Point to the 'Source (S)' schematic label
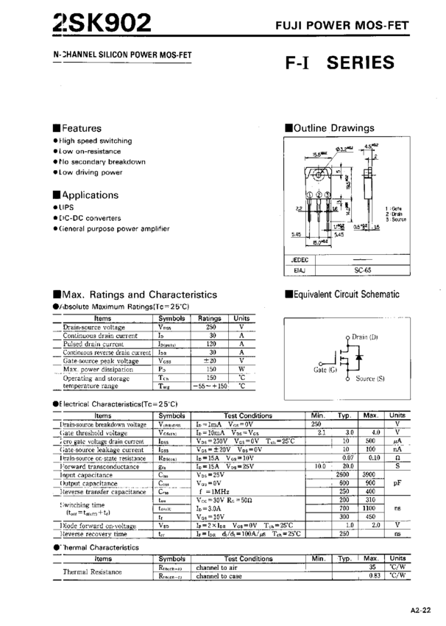tap(370, 378)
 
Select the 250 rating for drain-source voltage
tap(210, 326)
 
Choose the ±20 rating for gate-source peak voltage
tap(211, 360)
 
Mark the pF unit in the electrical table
tap(397, 484)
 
